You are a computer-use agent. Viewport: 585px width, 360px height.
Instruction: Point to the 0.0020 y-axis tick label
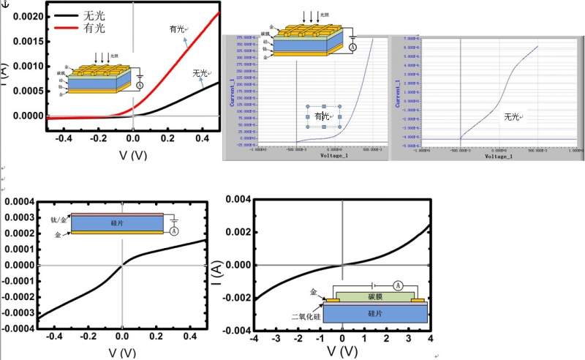click(24, 15)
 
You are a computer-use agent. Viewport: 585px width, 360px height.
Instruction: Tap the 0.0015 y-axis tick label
click(24, 41)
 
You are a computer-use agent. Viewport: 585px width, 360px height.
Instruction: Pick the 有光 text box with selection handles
click(322, 116)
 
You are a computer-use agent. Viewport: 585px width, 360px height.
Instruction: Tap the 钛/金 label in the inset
click(59, 219)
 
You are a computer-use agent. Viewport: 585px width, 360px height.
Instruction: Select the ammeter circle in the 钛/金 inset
click(174, 230)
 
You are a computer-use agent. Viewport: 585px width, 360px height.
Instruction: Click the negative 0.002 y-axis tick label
click(235, 297)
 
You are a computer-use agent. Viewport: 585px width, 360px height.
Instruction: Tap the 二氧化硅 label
click(302, 317)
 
